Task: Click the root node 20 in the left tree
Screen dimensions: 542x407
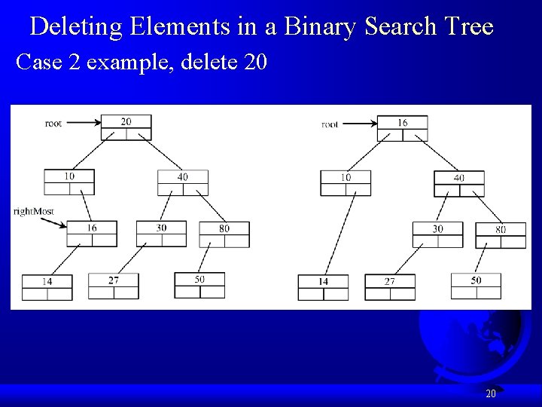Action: coord(126,127)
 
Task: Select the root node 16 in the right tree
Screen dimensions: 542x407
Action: coord(402,127)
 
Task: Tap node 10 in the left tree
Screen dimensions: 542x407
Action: coord(69,182)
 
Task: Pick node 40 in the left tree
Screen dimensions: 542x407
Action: coord(182,182)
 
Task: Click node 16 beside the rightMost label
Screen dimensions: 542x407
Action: coord(92,234)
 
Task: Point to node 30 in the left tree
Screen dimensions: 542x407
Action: coord(161,234)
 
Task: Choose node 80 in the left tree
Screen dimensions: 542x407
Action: coord(224,234)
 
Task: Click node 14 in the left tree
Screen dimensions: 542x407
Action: coord(47,286)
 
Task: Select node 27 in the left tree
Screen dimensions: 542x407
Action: coord(113,286)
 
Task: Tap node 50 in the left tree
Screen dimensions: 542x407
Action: coord(199,285)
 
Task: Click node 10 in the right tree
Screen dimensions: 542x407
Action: coord(346,182)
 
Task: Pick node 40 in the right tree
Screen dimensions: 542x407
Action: coord(459,183)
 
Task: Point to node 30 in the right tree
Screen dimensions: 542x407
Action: coord(437,234)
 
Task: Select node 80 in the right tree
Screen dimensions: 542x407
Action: coord(501,234)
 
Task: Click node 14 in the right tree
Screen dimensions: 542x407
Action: coord(323,287)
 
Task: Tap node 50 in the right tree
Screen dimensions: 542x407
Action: coord(476,286)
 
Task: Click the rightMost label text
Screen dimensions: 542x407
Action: coord(34,211)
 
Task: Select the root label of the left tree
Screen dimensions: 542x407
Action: coord(53,123)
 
